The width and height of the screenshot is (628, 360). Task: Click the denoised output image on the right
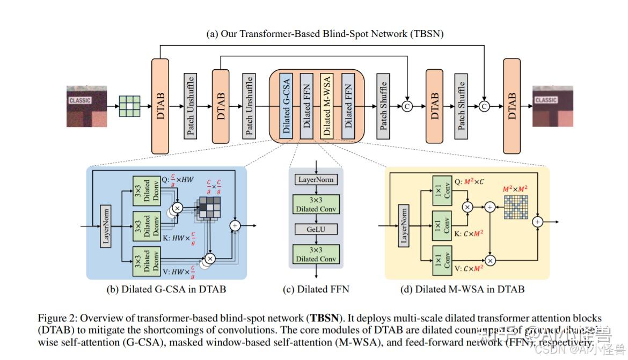click(552, 106)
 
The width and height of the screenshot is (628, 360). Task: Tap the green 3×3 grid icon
click(129, 106)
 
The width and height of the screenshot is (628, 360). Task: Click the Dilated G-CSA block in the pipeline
click(286, 106)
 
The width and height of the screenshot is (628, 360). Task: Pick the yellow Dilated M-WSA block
click(326, 106)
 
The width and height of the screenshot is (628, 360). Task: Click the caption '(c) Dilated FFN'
click(316, 290)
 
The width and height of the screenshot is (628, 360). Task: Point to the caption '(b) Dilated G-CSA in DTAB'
click(166, 290)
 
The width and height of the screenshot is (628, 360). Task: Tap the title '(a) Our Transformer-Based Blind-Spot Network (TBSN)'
click(325, 34)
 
